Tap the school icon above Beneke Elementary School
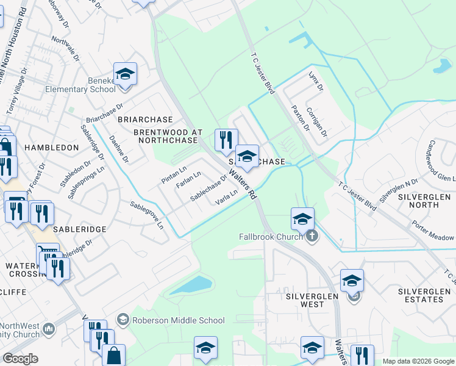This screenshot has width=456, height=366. (x=125, y=74)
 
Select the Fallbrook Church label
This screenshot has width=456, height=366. (x=271, y=237)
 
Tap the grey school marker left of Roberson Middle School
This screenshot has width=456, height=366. (x=123, y=320)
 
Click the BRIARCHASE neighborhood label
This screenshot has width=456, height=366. (x=145, y=120)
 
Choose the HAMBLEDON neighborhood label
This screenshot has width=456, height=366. (x=51, y=148)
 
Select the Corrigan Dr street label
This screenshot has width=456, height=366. (x=318, y=122)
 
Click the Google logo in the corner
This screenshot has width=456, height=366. (x=21, y=359)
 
